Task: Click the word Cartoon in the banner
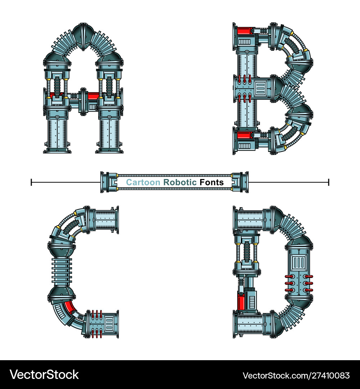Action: pyautogui.click(x=143, y=183)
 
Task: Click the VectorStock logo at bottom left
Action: pyautogui.click(x=44, y=375)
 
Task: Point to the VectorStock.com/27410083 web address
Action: pyautogui.click(x=296, y=375)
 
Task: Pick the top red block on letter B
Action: pyautogui.click(x=243, y=31)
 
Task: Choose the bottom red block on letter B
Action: pyautogui.click(x=243, y=135)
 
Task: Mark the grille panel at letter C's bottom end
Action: pyautogui.click(x=109, y=322)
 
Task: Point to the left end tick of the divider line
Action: pyautogui.click(x=32, y=182)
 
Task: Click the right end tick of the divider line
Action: pyautogui.click(x=328, y=182)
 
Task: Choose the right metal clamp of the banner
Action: pyautogui.click(x=239, y=182)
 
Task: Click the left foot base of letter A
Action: pyautogui.click(x=57, y=150)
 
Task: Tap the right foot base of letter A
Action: pyautogui.click(x=109, y=150)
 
